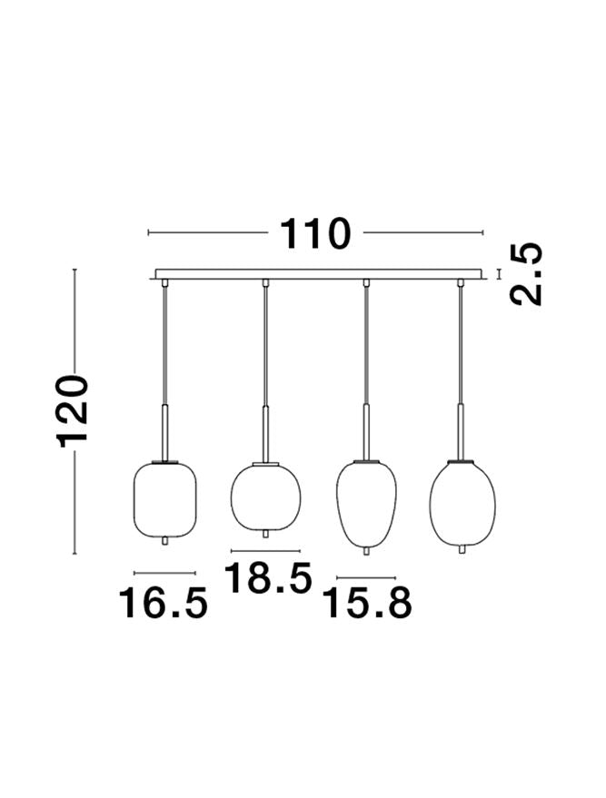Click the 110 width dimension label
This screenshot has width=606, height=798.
tap(315, 233)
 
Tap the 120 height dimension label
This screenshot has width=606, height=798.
tap(75, 411)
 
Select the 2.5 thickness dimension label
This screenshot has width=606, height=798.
tap(526, 274)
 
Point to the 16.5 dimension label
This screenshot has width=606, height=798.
tap(163, 603)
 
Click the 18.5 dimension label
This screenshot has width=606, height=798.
tap(268, 578)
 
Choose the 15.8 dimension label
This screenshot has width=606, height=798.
tap(368, 603)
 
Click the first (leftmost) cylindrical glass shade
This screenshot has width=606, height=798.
tap(164, 499)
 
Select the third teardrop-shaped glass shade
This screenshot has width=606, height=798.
tap(366, 504)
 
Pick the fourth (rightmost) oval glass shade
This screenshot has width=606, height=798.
tap(462, 503)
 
